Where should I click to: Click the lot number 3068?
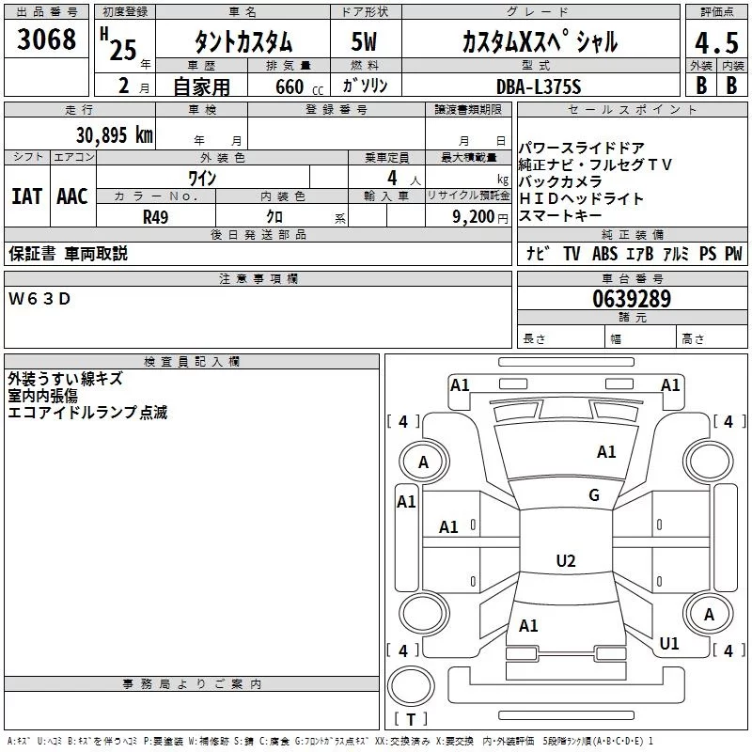pos(46,39)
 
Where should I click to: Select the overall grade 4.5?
pos(716,42)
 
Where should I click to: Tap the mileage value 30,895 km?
pos(114,134)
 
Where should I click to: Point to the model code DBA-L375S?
pos(539,86)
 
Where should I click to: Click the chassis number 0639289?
pos(632,299)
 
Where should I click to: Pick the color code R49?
pos(155,217)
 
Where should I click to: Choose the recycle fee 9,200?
pos(473,217)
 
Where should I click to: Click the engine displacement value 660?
pos(290,86)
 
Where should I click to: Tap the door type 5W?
pos(364,41)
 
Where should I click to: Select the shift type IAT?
pos(27,196)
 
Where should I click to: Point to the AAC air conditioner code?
pos(72,196)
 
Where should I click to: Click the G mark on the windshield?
pos(594,494)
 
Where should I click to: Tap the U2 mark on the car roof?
pos(566,560)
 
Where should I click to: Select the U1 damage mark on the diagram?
pos(669,643)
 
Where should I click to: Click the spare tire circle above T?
pos(411,686)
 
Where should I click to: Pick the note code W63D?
pos(39,299)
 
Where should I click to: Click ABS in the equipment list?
pos(604,253)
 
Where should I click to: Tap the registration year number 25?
pos(123,50)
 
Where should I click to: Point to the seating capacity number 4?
pos(392,178)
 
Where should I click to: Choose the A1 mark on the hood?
pos(606,451)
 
